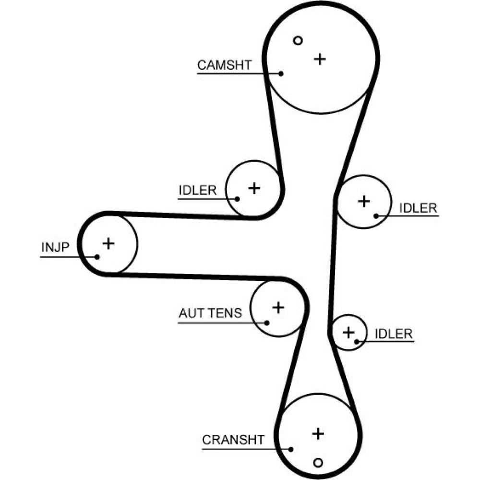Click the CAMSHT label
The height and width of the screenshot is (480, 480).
coord(224,65)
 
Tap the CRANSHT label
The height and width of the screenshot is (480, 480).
coord(233,440)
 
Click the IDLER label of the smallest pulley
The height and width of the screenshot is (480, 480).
coord(393,334)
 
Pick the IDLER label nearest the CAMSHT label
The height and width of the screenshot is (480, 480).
coord(198,190)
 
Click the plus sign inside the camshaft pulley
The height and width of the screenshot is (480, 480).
coord(320,59)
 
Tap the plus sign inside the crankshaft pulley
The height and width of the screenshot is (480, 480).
coord(318,434)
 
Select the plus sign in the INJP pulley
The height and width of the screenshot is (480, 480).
coord(109,243)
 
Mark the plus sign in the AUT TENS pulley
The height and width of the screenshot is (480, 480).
coord(278,307)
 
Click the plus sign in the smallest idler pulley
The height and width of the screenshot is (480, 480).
coord(348,332)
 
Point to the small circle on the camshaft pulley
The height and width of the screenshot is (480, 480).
coord(298,41)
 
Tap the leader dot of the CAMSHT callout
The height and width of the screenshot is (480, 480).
coord(282,73)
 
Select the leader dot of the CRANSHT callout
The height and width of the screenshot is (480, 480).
coord(291,449)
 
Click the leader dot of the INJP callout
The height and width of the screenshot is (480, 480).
coord(97,256)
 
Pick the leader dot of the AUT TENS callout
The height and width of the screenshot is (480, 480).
coord(267,322)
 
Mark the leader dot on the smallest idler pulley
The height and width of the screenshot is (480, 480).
coord(356,341)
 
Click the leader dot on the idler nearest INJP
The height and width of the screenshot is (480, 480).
coord(237,198)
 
